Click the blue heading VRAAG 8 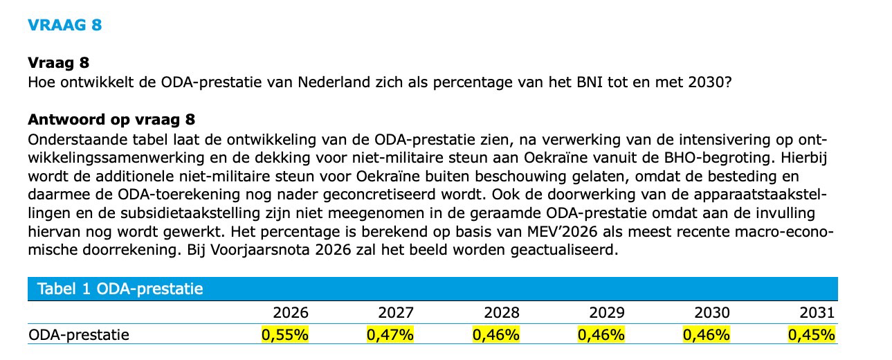[65, 25]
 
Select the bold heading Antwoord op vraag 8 [111, 119]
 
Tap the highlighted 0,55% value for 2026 [285, 335]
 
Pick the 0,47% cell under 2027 [390, 335]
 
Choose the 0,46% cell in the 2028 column [496, 335]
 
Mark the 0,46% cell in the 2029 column [601, 335]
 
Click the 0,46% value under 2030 [707, 335]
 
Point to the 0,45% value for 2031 [812, 335]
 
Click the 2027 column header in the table [396, 312]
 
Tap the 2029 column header [606, 312]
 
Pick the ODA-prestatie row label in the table [79, 335]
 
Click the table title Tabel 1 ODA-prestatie [120, 289]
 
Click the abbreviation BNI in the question [588, 82]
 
